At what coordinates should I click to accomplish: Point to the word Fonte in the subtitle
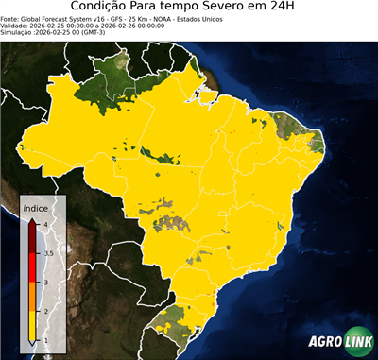coord(10,18)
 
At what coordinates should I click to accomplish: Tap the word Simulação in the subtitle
coord(17,32)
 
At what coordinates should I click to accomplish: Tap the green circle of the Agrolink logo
coord(360,342)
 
